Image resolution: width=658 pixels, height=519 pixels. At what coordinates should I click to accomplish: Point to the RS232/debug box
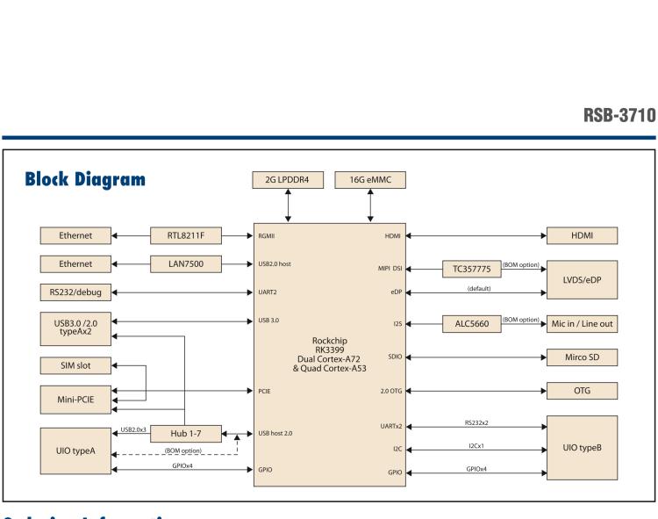[75, 292]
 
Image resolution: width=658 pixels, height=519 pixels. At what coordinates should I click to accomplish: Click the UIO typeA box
[75, 449]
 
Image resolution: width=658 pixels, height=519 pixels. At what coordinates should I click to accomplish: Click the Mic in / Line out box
[582, 324]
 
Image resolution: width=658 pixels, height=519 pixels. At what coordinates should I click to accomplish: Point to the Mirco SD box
[582, 357]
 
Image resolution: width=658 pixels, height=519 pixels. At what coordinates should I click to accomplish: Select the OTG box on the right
[582, 390]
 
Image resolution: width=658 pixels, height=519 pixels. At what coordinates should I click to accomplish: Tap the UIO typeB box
[582, 448]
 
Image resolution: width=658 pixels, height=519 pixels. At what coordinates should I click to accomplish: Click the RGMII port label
[268, 235]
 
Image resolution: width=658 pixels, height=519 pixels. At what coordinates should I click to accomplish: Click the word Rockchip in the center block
[331, 341]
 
